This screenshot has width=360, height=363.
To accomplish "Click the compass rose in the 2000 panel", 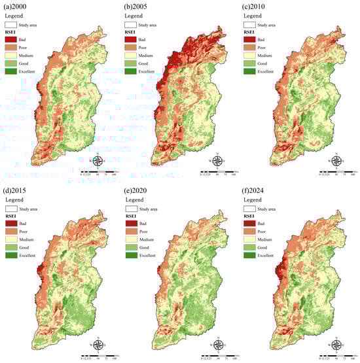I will tap(97, 160).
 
